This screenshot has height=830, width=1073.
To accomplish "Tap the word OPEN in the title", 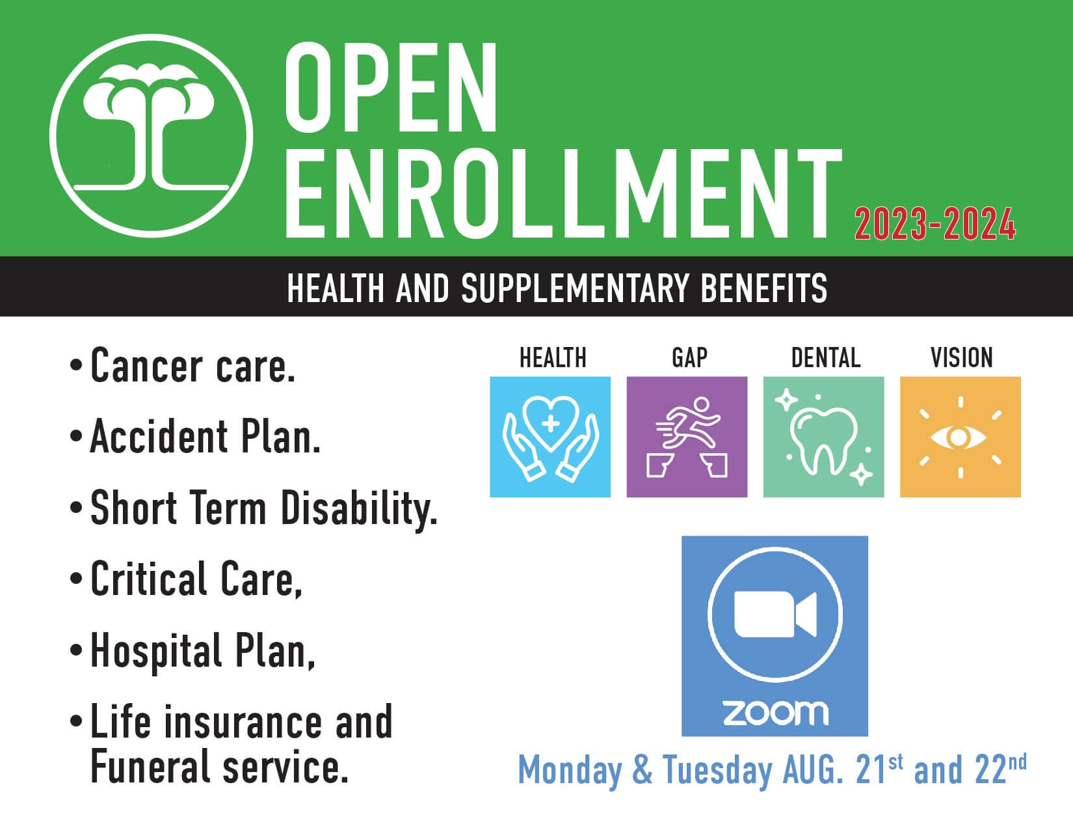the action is coord(391,87).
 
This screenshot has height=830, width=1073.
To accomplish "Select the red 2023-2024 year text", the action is coord(935,224).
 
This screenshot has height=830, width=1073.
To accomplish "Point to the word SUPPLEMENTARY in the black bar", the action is coord(575,288).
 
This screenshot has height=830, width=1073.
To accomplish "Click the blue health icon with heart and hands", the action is coord(550,437).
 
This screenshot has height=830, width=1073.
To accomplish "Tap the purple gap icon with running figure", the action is coord(687,437).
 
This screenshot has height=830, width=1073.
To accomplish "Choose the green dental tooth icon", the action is coord(824,437).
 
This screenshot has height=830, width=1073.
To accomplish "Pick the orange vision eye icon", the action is coord(960,437).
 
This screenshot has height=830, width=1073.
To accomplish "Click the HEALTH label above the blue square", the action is coord(553,358).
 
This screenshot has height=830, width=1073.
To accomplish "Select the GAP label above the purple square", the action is coord(689,358).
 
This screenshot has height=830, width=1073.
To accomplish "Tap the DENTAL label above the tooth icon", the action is coord(826,358).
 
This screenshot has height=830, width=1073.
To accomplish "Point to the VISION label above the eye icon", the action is coord(961,358).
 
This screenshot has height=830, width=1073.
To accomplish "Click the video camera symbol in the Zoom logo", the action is coord(775,614).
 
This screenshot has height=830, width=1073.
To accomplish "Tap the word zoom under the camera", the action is coord(776,713).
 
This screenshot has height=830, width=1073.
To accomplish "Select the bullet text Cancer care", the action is coord(193,366).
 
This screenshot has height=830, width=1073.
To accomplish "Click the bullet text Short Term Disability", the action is coord(263,509).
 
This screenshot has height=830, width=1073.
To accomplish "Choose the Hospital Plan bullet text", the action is coord(202,652).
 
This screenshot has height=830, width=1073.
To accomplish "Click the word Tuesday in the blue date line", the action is coord(717,771).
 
